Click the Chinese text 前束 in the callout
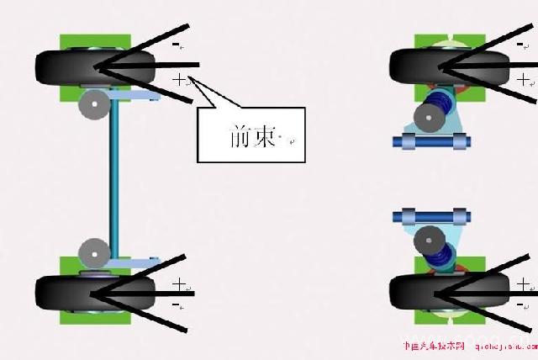click(x=253, y=136)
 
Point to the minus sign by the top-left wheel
click(x=176, y=43)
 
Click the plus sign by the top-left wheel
click(x=178, y=79)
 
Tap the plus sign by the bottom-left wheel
click(x=178, y=283)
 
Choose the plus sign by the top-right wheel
click(x=524, y=80)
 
